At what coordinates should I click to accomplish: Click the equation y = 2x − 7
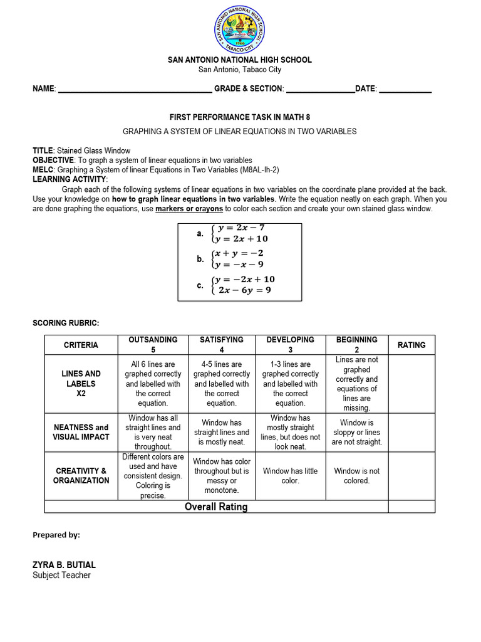(x=241, y=228)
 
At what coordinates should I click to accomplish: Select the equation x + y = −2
(x=238, y=253)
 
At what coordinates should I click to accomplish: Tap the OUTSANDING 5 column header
(x=153, y=344)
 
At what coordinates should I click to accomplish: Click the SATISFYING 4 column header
(x=222, y=344)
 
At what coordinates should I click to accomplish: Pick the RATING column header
(x=411, y=345)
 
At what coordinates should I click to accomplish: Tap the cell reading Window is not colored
(x=356, y=475)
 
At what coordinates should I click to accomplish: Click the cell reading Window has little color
(x=291, y=475)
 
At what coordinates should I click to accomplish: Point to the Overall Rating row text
(x=216, y=507)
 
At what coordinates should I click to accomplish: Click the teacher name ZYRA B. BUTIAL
(x=64, y=564)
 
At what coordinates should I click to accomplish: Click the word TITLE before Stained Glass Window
(x=43, y=150)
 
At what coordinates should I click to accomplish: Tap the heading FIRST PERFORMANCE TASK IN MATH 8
(x=240, y=117)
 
